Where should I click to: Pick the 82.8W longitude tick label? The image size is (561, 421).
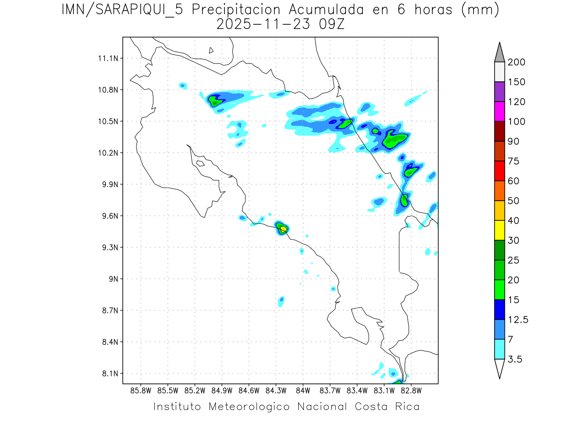(411, 390)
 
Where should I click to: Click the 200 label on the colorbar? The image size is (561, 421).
(517, 62)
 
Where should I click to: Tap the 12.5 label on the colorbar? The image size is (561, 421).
(518, 319)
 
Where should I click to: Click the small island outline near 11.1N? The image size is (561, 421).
(211, 50)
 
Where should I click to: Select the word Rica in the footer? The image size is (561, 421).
(407, 406)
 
